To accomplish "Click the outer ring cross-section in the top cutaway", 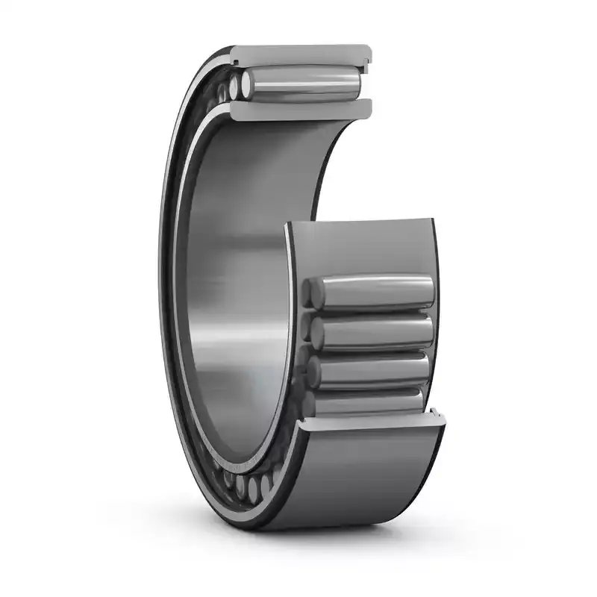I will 298,54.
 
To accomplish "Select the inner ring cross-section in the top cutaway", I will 298,110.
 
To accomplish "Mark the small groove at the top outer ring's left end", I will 233,54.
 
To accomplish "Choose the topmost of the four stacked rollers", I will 373,291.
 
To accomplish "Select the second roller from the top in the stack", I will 373,330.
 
